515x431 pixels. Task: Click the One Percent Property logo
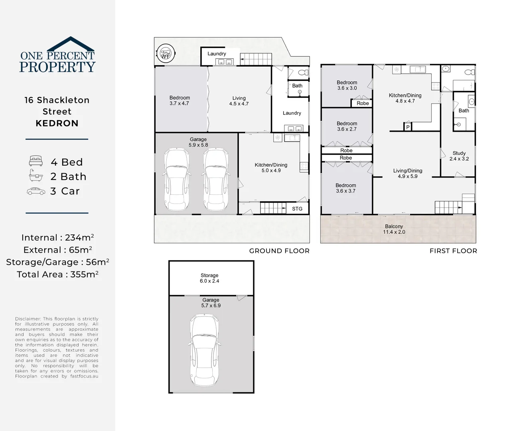point(57,55)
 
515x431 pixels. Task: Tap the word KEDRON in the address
point(57,123)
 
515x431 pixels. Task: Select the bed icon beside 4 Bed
point(36,161)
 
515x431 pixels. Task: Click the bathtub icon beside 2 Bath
point(36,176)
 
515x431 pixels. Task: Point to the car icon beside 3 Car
point(36,191)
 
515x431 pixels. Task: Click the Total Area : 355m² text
point(57,274)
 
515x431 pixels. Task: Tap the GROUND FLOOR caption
point(279,251)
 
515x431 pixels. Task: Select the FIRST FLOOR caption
point(453,251)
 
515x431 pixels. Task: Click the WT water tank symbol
point(165,53)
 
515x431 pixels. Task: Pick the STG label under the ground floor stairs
point(297,209)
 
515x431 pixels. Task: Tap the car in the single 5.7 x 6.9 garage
point(204,350)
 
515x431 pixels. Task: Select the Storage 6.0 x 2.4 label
point(209,278)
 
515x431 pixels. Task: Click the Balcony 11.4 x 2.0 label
point(394,229)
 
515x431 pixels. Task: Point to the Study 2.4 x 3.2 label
point(459,156)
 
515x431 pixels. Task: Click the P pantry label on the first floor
point(408,127)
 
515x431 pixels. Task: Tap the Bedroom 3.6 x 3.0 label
point(347,85)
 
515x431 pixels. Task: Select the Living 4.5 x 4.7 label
point(239,101)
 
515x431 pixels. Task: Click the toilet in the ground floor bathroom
point(303,72)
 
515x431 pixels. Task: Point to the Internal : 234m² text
point(57,237)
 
